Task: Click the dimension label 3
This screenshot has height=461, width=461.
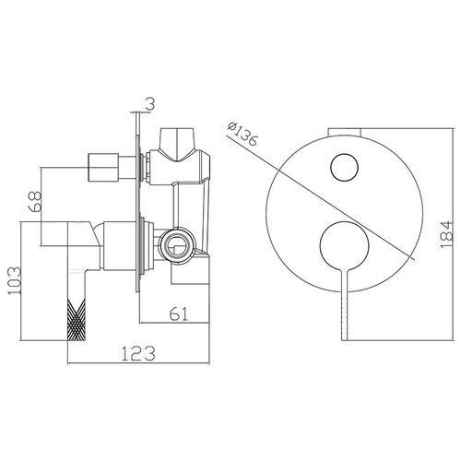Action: click(x=149, y=104)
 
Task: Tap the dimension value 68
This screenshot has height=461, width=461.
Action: click(x=35, y=201)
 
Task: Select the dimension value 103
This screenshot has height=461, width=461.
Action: click(x=15, y=280)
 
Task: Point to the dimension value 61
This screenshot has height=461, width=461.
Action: click(x=179, y=313)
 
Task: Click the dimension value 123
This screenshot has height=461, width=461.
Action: click(x=138, y=353)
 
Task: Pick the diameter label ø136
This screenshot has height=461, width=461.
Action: click(x=242, y=135)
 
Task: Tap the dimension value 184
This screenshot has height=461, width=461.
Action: click(x=445, y=235)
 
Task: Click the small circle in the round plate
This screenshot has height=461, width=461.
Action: click(x=345, y=167)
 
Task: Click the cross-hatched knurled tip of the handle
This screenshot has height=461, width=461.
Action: click(x=77, y=320)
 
